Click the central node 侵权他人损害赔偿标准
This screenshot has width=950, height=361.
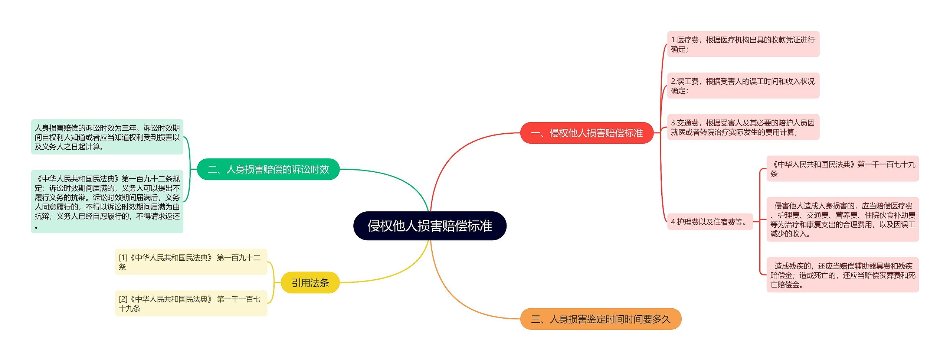coord(430,226)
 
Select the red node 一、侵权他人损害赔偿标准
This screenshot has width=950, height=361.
coord(587,133)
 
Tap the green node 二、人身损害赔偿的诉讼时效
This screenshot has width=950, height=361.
coord(268,169)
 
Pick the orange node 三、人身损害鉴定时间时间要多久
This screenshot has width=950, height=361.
coord(600,319)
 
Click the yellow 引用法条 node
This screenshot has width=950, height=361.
coord(310,283)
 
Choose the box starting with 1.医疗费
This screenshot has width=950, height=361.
coord(743,44)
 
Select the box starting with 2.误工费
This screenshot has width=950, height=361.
coord(743,86)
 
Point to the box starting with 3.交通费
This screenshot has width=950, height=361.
coord(743,127)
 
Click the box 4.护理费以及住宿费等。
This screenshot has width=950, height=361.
coord(710,222)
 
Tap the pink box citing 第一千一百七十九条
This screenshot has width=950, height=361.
coord(842,169)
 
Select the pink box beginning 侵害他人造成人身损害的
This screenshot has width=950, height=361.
coord(842,219)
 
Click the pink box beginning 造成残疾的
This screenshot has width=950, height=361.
coord(842,275)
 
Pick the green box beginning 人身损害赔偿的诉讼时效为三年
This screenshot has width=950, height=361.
coord(107,137)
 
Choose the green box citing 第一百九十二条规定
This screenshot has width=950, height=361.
coord(107,202)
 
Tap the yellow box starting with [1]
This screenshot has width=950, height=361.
coord(191,262)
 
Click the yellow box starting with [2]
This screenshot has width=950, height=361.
coord(191,303)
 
